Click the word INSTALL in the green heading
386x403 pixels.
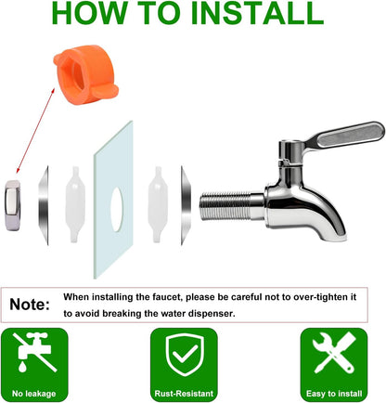point(257,13)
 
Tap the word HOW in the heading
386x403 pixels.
point(89,13)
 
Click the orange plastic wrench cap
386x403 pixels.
point(85,74)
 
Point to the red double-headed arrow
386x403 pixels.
point(35,130)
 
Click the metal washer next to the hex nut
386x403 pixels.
point(44,205)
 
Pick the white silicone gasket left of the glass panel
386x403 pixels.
point(75,204)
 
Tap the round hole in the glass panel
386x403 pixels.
point(117,210)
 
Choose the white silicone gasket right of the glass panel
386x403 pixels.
point(158,204)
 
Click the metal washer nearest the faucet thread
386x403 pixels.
point(186,205)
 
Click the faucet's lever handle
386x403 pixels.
point(343,136)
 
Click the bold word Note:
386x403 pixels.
point(30,305)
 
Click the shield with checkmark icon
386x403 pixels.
point(185,355)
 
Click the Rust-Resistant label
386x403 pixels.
point(184,394)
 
